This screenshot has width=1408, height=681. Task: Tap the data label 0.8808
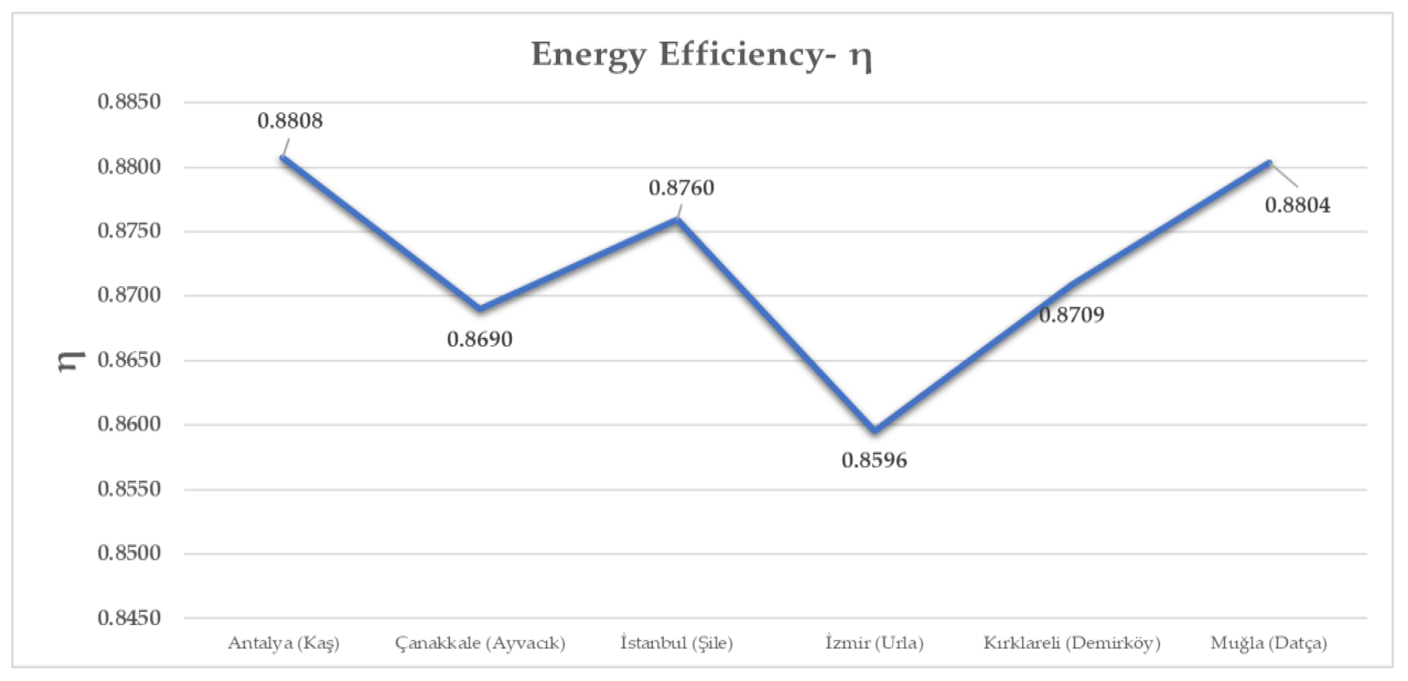click(x=290, y=121)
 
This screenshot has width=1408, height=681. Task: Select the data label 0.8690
click(x=479, y=339)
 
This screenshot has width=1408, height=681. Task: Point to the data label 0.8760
click(x=681, y=188)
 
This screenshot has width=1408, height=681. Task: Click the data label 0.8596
click(x=874, y=460)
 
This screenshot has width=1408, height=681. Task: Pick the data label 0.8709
click(x=1071, y=315)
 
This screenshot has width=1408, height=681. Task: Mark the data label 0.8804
click(x=1298, y=205)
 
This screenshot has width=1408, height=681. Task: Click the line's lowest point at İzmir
click(x=875, y=430)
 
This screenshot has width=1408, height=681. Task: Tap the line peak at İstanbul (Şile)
click(x=677, y=219)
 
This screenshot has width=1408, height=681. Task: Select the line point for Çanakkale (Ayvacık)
click(x=480, y=309)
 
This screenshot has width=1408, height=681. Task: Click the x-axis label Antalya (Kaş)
click(x=284, y=643)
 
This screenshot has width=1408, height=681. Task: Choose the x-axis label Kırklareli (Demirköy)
click(x=1072, y=643)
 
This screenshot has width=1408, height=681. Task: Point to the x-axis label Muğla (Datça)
click(x=1269, y=643)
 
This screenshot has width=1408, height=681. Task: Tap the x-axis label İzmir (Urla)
click(x=874, y=643)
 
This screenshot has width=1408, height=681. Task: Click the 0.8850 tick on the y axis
click(x=129, y=101)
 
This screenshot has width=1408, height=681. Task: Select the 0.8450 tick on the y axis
click(x=129, y=618)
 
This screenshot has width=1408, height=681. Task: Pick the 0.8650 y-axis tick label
click(x=129, y=360)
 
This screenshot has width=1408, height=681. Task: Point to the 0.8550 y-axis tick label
click(x=129, y=489)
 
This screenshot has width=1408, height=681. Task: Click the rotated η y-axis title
click(x=71, y=361)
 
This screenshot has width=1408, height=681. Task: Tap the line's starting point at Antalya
click(x=282, y=157)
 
